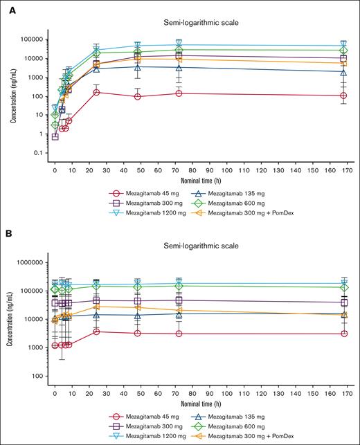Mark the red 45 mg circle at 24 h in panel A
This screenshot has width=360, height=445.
tap(96, 92)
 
